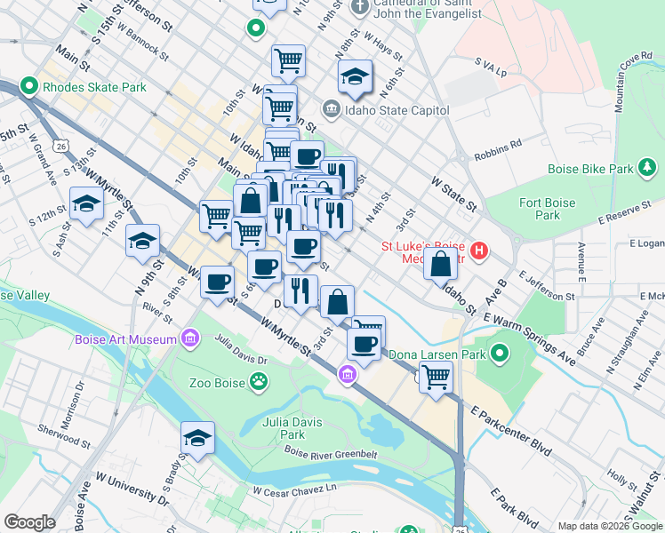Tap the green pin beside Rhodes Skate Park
(x=28, y=87)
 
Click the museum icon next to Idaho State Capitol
(x=330, y=110)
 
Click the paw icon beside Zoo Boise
(x=258, y=384)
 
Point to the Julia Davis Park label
(x=284, y=428)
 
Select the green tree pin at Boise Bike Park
(x=649, y=168)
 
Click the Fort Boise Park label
(x=548, y=209)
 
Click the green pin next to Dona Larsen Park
(x=500, y=354)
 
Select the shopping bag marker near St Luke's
(x=441, y=263)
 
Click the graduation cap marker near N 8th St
(x=355, y=76)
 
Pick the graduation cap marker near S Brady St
(x=197, y=438)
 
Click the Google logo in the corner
(x=30, y=522)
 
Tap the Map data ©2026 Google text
(x=610, y=526)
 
